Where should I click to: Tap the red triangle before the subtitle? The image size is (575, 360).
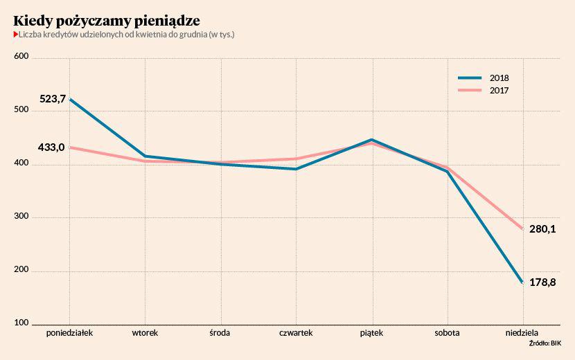[15, 35]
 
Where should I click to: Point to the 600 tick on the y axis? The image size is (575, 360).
[21, 57]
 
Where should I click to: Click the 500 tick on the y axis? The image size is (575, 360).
[21, 110]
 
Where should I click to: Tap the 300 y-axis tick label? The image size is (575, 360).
[21, 217]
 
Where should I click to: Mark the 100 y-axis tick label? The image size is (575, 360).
[21, 324]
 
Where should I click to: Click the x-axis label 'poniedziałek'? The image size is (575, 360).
[69, 333]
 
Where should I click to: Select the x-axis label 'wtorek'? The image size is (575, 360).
[145, 333]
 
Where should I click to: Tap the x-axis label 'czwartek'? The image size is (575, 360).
[296, 333]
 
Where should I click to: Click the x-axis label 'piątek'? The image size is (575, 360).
[372, 333]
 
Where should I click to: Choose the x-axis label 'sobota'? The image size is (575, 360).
[448, 333]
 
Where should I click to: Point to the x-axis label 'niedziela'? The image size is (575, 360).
[523, 333]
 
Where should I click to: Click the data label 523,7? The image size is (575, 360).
[53, 99]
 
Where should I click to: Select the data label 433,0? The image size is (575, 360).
[52, 147]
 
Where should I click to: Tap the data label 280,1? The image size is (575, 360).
[543, 229]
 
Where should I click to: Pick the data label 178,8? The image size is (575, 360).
[543, 282]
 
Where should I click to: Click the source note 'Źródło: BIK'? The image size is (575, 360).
[545, 343]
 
